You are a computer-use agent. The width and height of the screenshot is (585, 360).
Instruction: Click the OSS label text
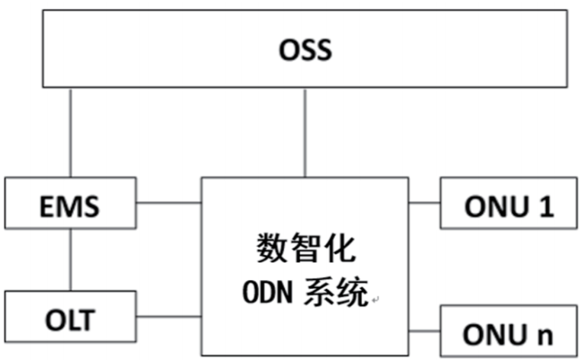pos(305,51)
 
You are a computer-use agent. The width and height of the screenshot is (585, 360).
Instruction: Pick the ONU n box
pos(508,331)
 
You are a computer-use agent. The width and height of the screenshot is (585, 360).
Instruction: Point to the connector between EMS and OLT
pos(71,259)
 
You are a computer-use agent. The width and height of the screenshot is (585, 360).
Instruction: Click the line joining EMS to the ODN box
pos(169,203)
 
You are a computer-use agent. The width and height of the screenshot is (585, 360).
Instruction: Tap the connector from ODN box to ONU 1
pos(424,203)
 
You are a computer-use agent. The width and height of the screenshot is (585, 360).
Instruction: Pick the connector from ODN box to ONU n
pos(424,331)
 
